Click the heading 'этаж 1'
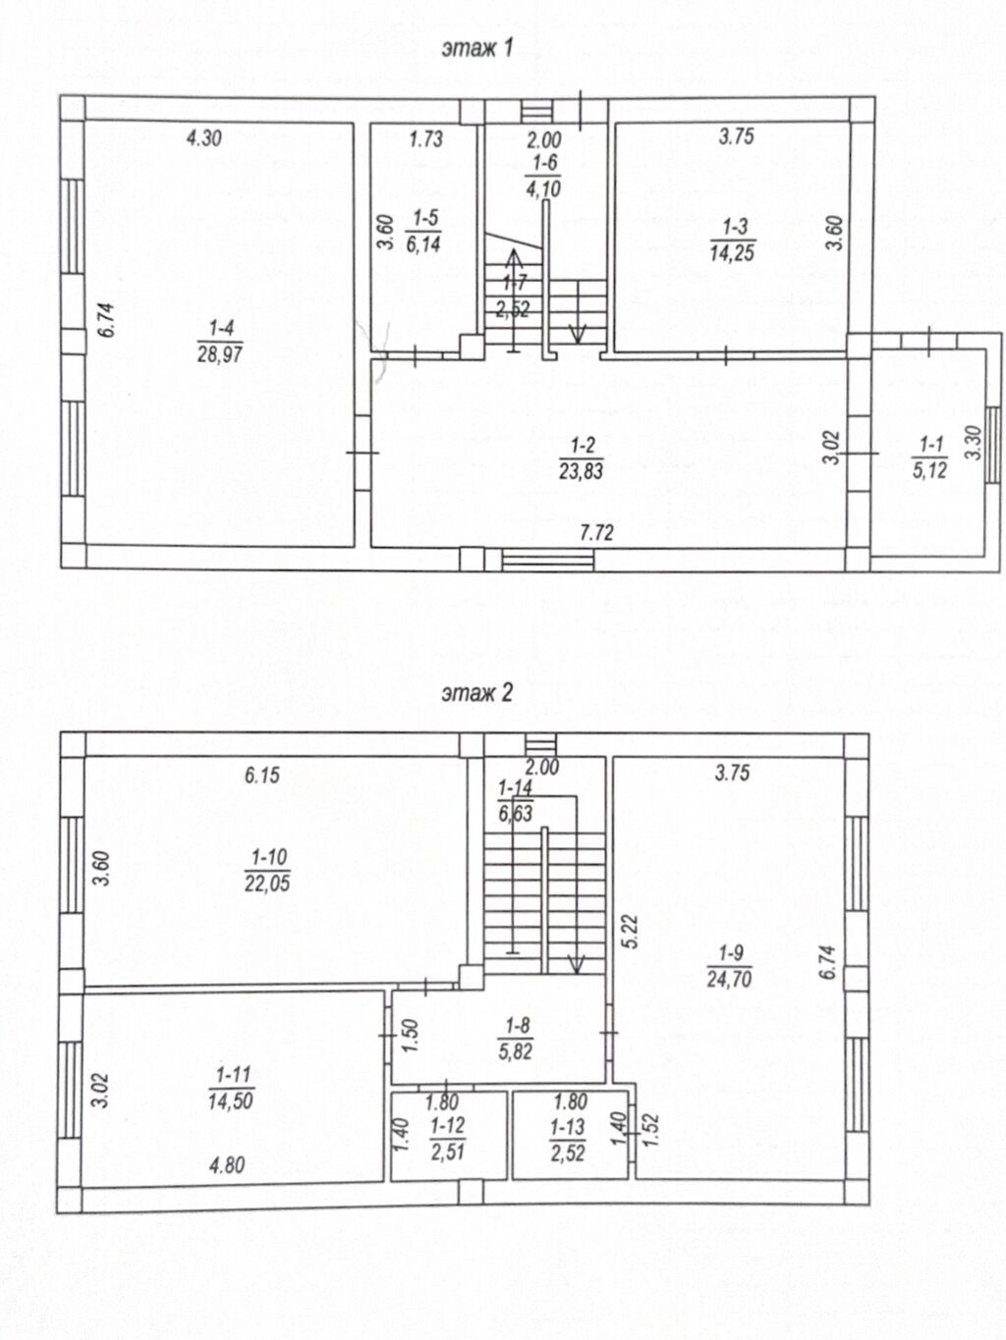[x=477, y=48]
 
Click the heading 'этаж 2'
[x=477, y=693]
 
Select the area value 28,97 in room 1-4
[x=220, y=353]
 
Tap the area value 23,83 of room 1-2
[x=581, y=470]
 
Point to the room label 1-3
[x=734, y=227]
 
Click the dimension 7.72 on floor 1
[x=596, y=533]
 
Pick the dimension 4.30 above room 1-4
[x=204, y=138]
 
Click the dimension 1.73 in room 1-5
[x=425, y=138]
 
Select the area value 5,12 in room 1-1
[x=929, y=470]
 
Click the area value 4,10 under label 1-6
[x=543, y=188]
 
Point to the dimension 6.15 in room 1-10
[x=262, y=776]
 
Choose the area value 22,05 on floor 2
[x=267, y=883]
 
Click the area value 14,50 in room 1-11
[x=230, y=1100]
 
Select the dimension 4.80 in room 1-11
[x=227, y=1165]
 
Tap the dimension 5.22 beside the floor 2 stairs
[x=631, y=931]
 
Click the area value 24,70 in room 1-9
[x=729, y=979]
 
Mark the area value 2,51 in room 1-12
[x=448, y=1152]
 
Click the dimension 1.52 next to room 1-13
[x=650, y=1129]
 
